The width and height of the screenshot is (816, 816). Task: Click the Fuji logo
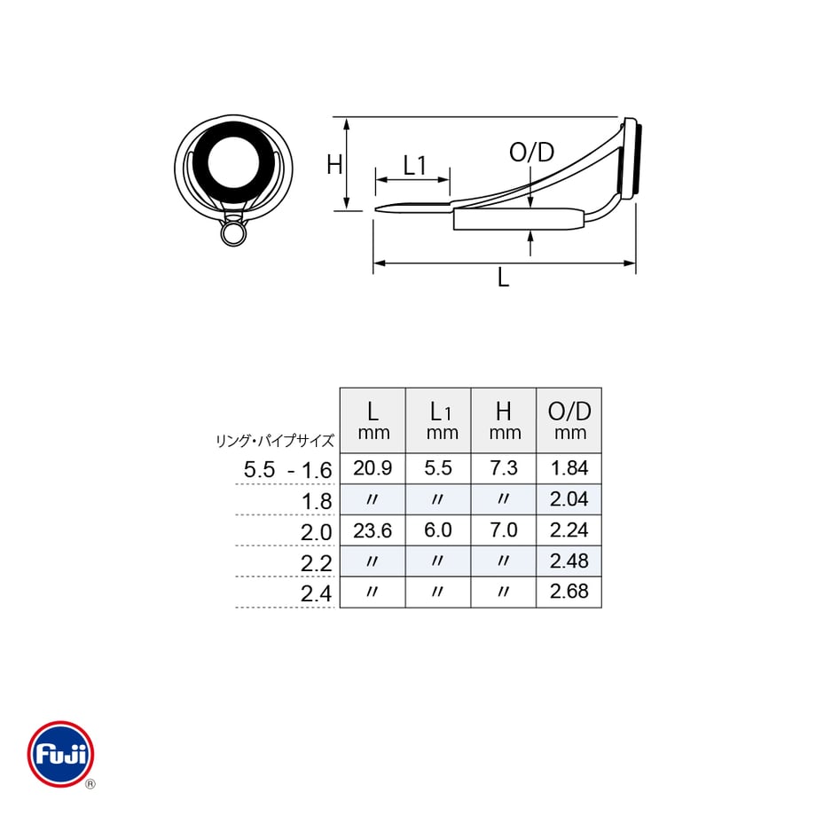pos(61,754)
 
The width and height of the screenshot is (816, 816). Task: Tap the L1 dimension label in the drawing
pos(415,166)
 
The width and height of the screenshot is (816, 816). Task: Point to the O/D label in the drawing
pos(531,152)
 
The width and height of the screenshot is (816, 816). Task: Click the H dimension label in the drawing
pos(334,165)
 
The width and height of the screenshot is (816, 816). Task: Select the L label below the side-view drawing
pos(503,278)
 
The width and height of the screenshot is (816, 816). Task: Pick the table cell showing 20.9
pos(373,467)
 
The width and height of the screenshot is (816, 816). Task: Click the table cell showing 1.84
pos(569,467)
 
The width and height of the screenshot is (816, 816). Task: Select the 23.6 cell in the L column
pos(373,530)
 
